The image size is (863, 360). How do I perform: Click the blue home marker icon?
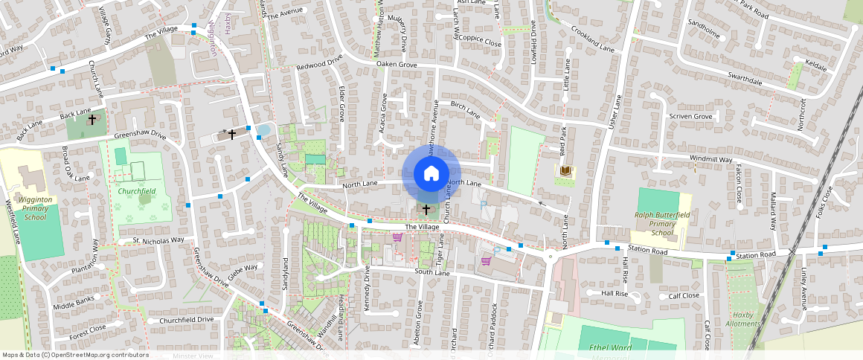tap(431, 173)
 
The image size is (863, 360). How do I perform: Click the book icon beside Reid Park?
tap(566, 172)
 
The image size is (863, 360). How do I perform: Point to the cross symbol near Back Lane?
tap(92, 119)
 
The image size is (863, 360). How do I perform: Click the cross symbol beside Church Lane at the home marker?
tap(426, 210)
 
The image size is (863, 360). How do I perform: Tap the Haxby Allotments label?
tap(743, 319)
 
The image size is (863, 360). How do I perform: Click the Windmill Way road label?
tap(711, 159)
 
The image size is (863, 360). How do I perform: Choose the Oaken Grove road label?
tap(397, 65)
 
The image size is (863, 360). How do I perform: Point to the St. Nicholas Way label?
tap(158, 240)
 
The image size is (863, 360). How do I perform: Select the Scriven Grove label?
tap(690, 116)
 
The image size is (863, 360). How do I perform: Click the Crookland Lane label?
tap(592, 39)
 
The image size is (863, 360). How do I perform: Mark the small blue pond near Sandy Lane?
tap(263, 130)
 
